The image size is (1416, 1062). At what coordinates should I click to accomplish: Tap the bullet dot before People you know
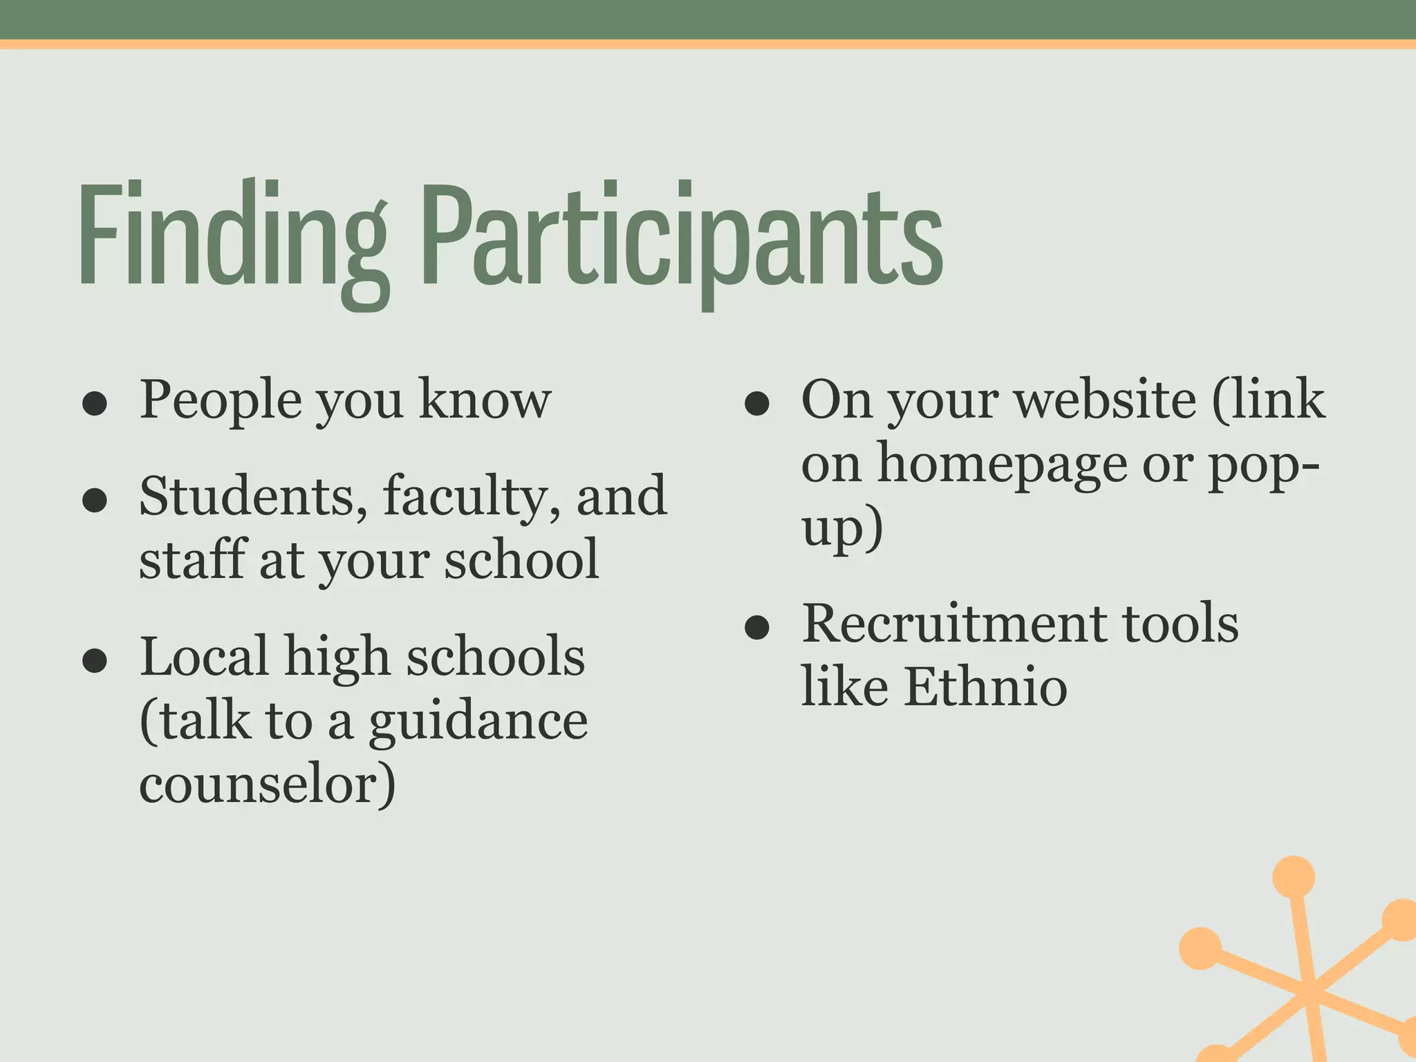[x=94, y=404]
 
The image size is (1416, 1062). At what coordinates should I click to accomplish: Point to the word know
[x=485, y=400]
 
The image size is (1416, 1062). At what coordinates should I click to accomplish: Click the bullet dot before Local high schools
[x=94, y=660]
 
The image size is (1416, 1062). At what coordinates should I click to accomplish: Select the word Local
[x=204, y=655]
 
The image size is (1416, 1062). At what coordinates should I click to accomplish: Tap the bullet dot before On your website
[x=757, y=404]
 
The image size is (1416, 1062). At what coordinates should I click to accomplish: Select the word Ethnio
[x=985, y=687]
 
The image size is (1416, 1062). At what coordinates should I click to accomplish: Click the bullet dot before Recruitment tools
[x=757, y=627]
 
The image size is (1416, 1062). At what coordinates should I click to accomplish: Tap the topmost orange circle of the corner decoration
[x=1293, y=877]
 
